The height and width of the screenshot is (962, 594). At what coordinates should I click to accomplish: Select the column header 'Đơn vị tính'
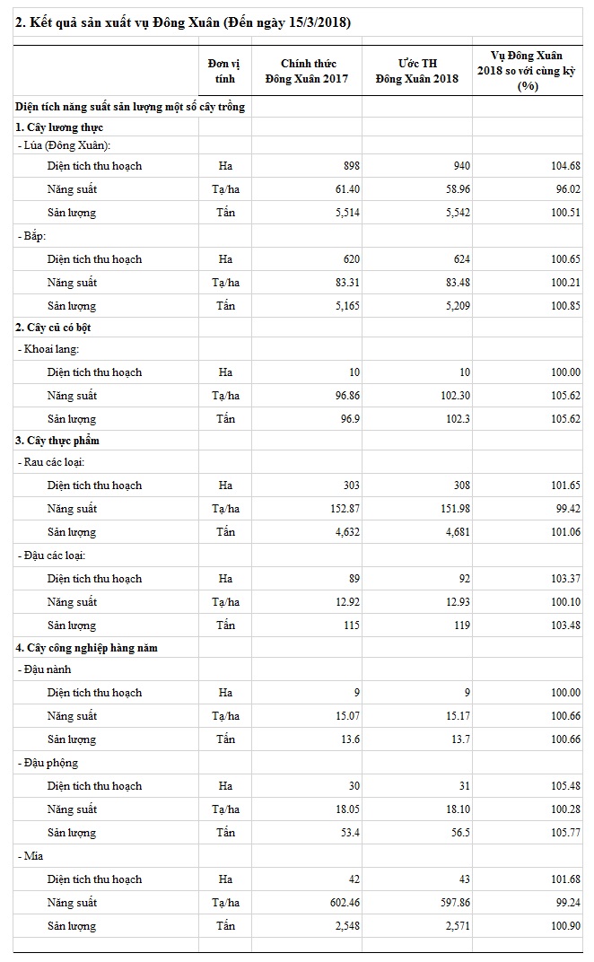(224, 70)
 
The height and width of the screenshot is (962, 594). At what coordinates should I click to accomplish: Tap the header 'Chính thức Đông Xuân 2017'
(306, 70)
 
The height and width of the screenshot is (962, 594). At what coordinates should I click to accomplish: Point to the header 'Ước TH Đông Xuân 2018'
(417, 70)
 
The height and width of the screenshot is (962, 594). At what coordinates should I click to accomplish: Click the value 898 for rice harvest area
(351, 166)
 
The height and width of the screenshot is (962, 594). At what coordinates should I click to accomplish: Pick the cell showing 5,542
(456, 213)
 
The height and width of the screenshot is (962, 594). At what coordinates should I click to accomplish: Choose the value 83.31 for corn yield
(346, 283)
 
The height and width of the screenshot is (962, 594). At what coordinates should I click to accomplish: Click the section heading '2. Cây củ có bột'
(57, 327)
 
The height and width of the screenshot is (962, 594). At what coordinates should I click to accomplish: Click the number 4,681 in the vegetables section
(456, 532)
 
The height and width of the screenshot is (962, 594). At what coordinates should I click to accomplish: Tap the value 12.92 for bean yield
(346, 602)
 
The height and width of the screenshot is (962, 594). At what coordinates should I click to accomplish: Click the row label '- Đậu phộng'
(47, 763)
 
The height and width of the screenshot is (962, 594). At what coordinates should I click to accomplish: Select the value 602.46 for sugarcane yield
(344, 903)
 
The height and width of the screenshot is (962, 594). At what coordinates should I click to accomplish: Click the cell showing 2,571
(456, 926)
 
